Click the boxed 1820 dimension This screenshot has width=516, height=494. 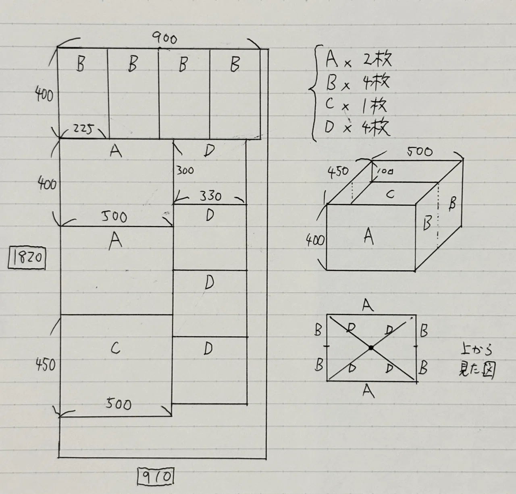[x=27, y=257]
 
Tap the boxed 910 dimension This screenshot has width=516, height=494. [x=156, y=476]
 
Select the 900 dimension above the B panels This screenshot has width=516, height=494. [x=164, y=39]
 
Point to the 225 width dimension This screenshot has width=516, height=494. [x=83, y=130]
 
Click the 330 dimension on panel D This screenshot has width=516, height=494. [x=210, y=196]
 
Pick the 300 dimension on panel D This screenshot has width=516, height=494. [x=185, y=170]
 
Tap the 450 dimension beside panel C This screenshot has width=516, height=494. [x=45, y=365]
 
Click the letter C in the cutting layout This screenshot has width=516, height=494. [x=116, y=348]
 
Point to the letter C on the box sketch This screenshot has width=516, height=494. [x=390, y=194]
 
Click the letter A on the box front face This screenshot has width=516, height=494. [x=369, y=236]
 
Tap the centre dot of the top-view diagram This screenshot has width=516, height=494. [x=371, y=347]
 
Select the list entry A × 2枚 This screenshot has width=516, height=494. [x=358, y=59]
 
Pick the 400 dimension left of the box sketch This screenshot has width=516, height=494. [x=315, y=240]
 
